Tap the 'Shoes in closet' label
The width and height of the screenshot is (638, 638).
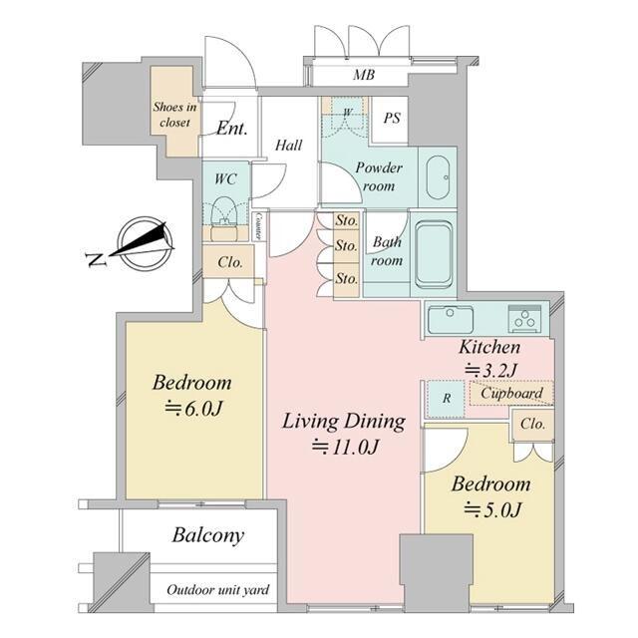coord(175,115)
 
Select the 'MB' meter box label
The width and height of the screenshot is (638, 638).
coord(363,75)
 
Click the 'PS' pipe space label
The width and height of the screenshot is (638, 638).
coord(392,118)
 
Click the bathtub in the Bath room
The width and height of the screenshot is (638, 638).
coord(435,254)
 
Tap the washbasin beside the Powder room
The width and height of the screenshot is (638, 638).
coord(438,177)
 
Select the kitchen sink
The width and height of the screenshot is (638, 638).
coord(451,319)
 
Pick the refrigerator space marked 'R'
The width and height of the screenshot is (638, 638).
coord(446,399)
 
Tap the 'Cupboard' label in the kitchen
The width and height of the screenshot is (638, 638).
coord(511,393)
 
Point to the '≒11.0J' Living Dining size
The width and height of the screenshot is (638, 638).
coord(346,447)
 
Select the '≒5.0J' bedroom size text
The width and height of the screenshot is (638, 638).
coord(492,509)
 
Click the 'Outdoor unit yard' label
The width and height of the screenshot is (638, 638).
coord(218,589)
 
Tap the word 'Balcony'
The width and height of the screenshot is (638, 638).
coord(208,535)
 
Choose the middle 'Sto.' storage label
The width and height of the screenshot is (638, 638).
coord(346,245)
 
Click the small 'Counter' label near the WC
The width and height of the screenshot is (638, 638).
coord(258,226)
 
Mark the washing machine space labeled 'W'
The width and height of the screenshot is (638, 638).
coord(347,112)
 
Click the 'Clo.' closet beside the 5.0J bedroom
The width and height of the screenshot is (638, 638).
coord(532,424)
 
